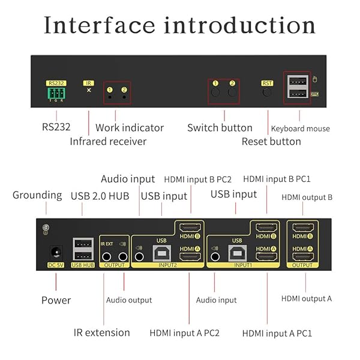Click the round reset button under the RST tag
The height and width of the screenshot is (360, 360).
(267, 92)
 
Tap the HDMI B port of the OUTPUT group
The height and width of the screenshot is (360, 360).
(302, 229)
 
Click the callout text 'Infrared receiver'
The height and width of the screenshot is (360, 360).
(108, 142)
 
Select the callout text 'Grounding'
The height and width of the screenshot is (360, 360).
(37, 195)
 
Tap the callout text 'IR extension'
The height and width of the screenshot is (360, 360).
(101, 332)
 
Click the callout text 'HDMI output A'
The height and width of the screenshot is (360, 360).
(307, 298)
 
